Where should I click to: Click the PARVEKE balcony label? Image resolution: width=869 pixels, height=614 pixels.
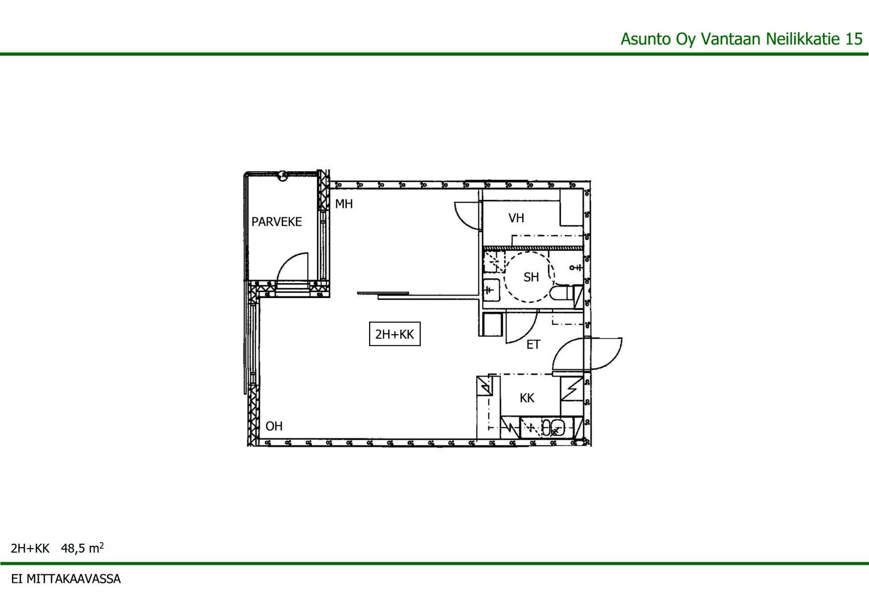[x=276, y=221]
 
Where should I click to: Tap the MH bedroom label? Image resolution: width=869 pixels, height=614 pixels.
[x=344, y=204]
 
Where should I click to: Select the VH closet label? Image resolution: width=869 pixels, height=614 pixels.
[x=516, y=218]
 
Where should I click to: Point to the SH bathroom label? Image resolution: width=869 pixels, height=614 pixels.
[x=531, y=277]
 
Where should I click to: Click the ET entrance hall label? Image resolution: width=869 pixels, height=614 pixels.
[x=533, y=345]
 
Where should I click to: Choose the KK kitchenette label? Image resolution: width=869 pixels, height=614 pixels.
[x=527, y=398]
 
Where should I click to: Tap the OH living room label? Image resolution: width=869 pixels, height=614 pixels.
[x=274, y=426]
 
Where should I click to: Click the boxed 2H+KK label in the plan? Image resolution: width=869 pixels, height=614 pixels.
[x=395, y=334]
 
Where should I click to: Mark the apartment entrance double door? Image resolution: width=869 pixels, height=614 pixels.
[x=587, y=354]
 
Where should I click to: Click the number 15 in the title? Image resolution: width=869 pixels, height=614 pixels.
[x=854, y=39]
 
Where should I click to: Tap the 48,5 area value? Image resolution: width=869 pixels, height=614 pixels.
[x=73, y=548]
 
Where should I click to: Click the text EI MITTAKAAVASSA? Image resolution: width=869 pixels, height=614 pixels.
[x=66, y=579]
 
